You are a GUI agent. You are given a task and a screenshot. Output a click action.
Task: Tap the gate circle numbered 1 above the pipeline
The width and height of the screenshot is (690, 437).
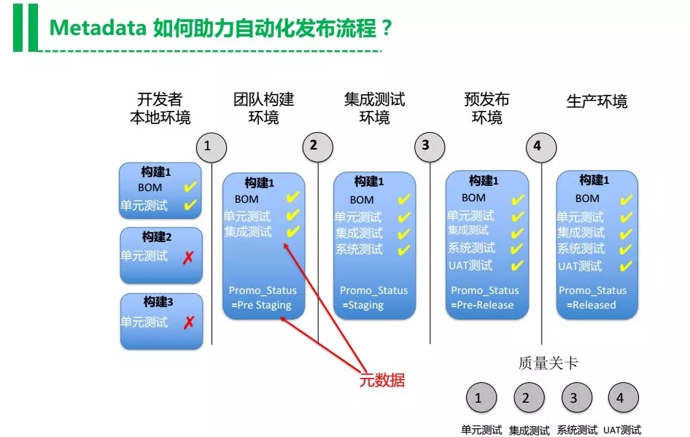coord(207,146)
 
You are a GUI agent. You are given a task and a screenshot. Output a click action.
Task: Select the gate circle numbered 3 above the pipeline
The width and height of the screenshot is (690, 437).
coord(426,146)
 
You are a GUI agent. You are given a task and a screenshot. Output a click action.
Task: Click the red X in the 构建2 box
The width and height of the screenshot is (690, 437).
coord(189,257)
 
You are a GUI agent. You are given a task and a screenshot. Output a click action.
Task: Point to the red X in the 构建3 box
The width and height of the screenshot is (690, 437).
coord(189,322)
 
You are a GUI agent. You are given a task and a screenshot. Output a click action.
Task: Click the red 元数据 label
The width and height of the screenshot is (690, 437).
coord(381,380)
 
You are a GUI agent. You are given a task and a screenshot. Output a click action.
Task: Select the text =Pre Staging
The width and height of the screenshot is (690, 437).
coord(261,305)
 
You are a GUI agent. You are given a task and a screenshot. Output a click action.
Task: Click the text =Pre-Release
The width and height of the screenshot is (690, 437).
coord(482,305)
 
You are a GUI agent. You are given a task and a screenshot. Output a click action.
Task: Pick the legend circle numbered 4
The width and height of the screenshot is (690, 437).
coord(621,398)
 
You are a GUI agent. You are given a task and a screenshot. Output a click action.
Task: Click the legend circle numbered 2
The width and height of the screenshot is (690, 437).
coord(526,398)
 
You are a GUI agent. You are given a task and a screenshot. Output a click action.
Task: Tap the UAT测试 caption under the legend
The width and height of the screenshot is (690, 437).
coord(622,430)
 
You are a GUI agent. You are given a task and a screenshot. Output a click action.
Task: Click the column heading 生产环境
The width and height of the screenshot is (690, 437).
coord(597,101)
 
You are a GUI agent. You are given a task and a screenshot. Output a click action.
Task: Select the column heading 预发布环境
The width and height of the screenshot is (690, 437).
coord(487,108)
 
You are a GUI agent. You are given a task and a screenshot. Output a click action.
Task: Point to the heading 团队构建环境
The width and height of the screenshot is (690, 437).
coord(263,108)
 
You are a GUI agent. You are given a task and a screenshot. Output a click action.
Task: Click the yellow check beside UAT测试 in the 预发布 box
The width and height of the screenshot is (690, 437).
coord(517,266)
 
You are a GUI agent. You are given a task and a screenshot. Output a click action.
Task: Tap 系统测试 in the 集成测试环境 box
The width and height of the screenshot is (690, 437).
coord(359,250)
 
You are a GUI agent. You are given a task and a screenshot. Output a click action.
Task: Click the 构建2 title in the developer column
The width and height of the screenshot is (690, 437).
coord(156,237)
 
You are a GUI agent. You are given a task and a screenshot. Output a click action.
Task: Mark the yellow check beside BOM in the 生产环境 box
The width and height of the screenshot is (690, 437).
coord(626,199)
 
